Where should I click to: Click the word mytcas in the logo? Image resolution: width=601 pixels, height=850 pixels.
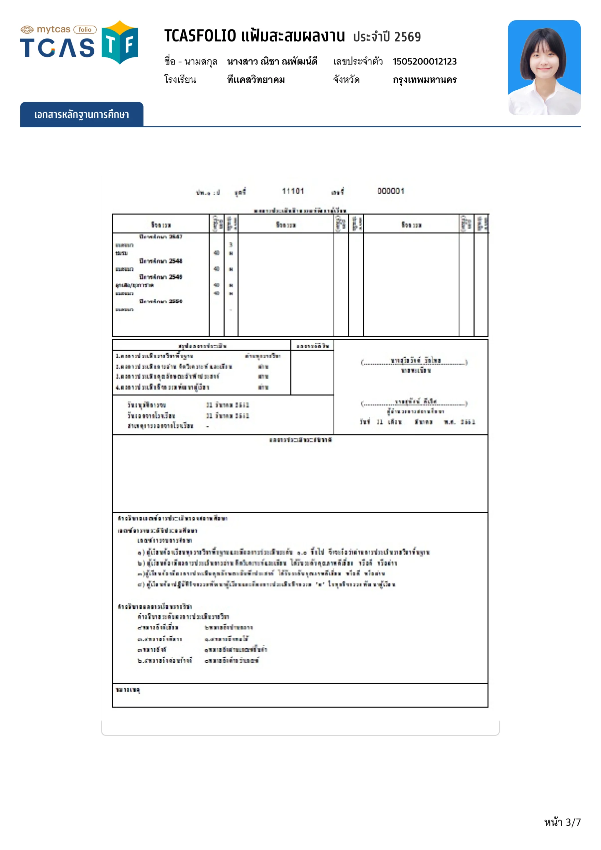(53, 30)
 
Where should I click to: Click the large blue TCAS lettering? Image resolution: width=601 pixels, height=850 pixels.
(57, 48)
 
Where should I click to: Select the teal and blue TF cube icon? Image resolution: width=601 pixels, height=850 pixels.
(120, 43)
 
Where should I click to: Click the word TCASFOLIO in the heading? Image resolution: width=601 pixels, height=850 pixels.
(200, 36)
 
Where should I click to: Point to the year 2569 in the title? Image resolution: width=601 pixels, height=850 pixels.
(407, 37)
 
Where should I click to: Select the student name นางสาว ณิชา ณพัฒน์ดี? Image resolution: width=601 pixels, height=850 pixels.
(272, 61)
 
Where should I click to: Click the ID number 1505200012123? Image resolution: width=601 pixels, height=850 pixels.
(425, 61)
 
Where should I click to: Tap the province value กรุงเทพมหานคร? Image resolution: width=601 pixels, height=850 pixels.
(425, 80)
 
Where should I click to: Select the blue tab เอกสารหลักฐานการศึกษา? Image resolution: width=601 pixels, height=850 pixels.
(81, 115)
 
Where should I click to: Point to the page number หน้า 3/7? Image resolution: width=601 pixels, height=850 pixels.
(562, 822)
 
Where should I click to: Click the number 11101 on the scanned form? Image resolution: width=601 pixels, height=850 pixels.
(293, 191)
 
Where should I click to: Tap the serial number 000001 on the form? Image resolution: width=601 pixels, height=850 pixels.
(391, 191)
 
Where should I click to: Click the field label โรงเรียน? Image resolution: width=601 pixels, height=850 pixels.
(180, 80)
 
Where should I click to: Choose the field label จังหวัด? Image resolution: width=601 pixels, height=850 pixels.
(346, 80)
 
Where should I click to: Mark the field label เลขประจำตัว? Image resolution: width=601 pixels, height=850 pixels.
(358, 61)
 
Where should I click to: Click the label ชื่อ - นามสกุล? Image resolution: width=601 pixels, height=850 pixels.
(191, 61)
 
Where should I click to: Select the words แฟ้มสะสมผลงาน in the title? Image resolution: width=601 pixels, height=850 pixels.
(293, 36)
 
